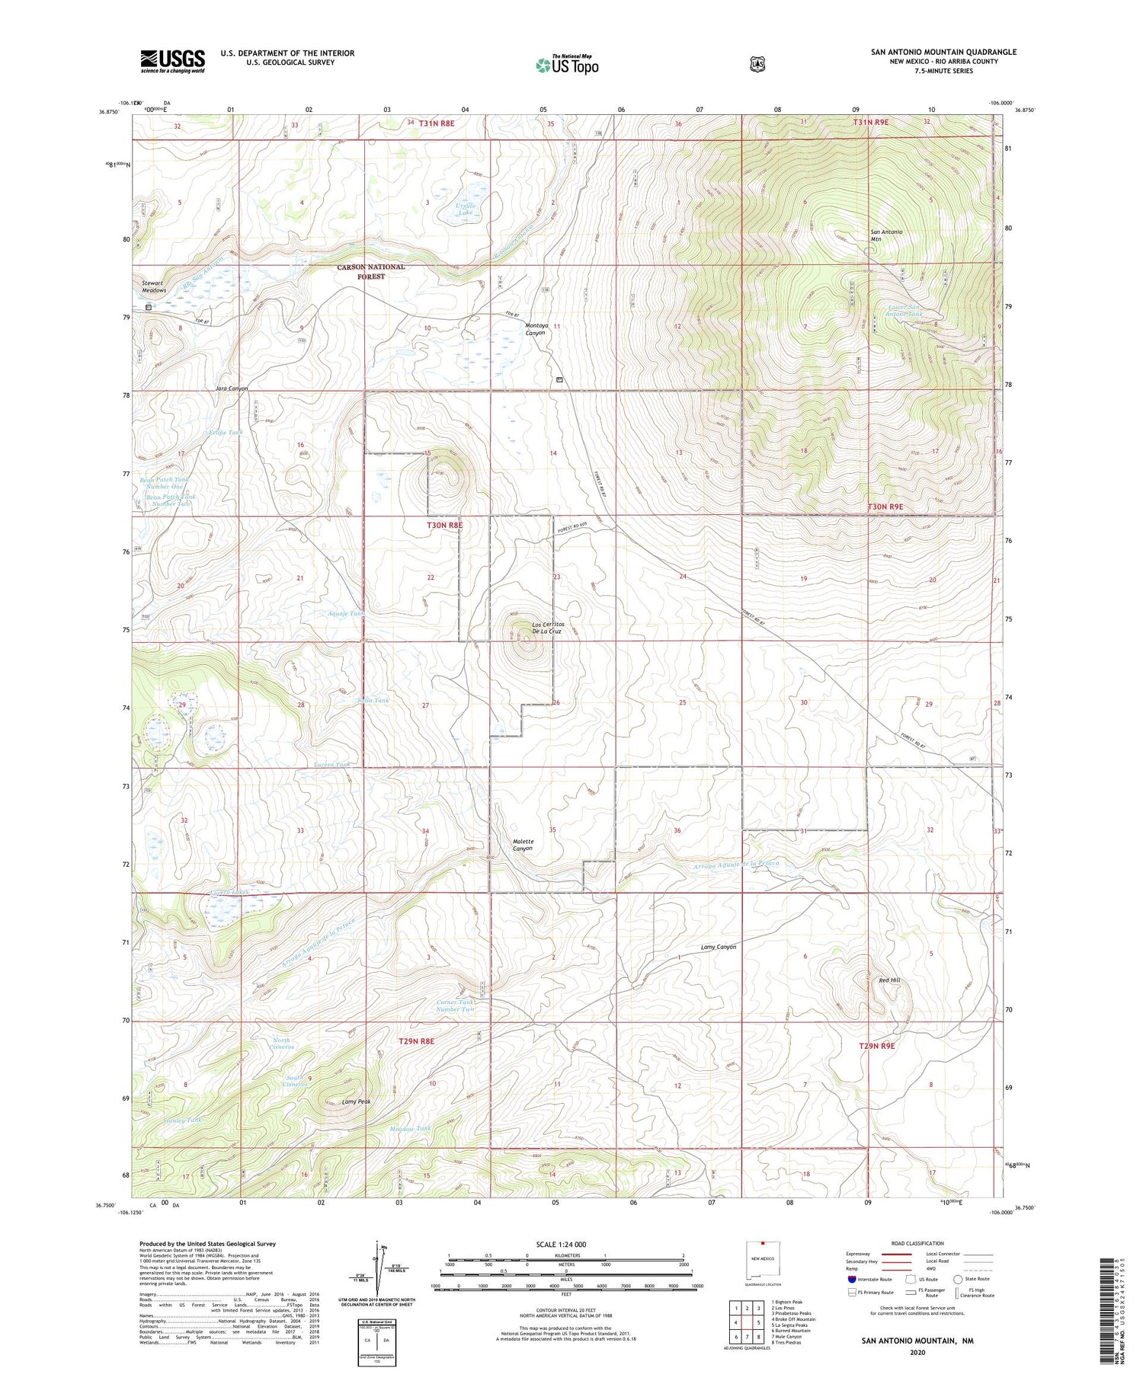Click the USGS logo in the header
(x=172, y=61)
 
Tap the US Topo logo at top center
(x=567, y=64)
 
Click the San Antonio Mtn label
(x=886, y=235)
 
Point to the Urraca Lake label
(x=464, y=209)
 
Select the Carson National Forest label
(x=372, y=272)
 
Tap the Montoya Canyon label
(x=536, y=329)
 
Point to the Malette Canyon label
(x=522, y=845)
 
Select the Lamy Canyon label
(x=718, y=947)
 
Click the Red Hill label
(x=888, y=980)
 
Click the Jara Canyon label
(x=232, y=388)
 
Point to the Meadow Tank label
(x=410, y=1128)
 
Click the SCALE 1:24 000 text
(x=566, y=1245)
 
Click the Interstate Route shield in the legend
(x=851, y=1279)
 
